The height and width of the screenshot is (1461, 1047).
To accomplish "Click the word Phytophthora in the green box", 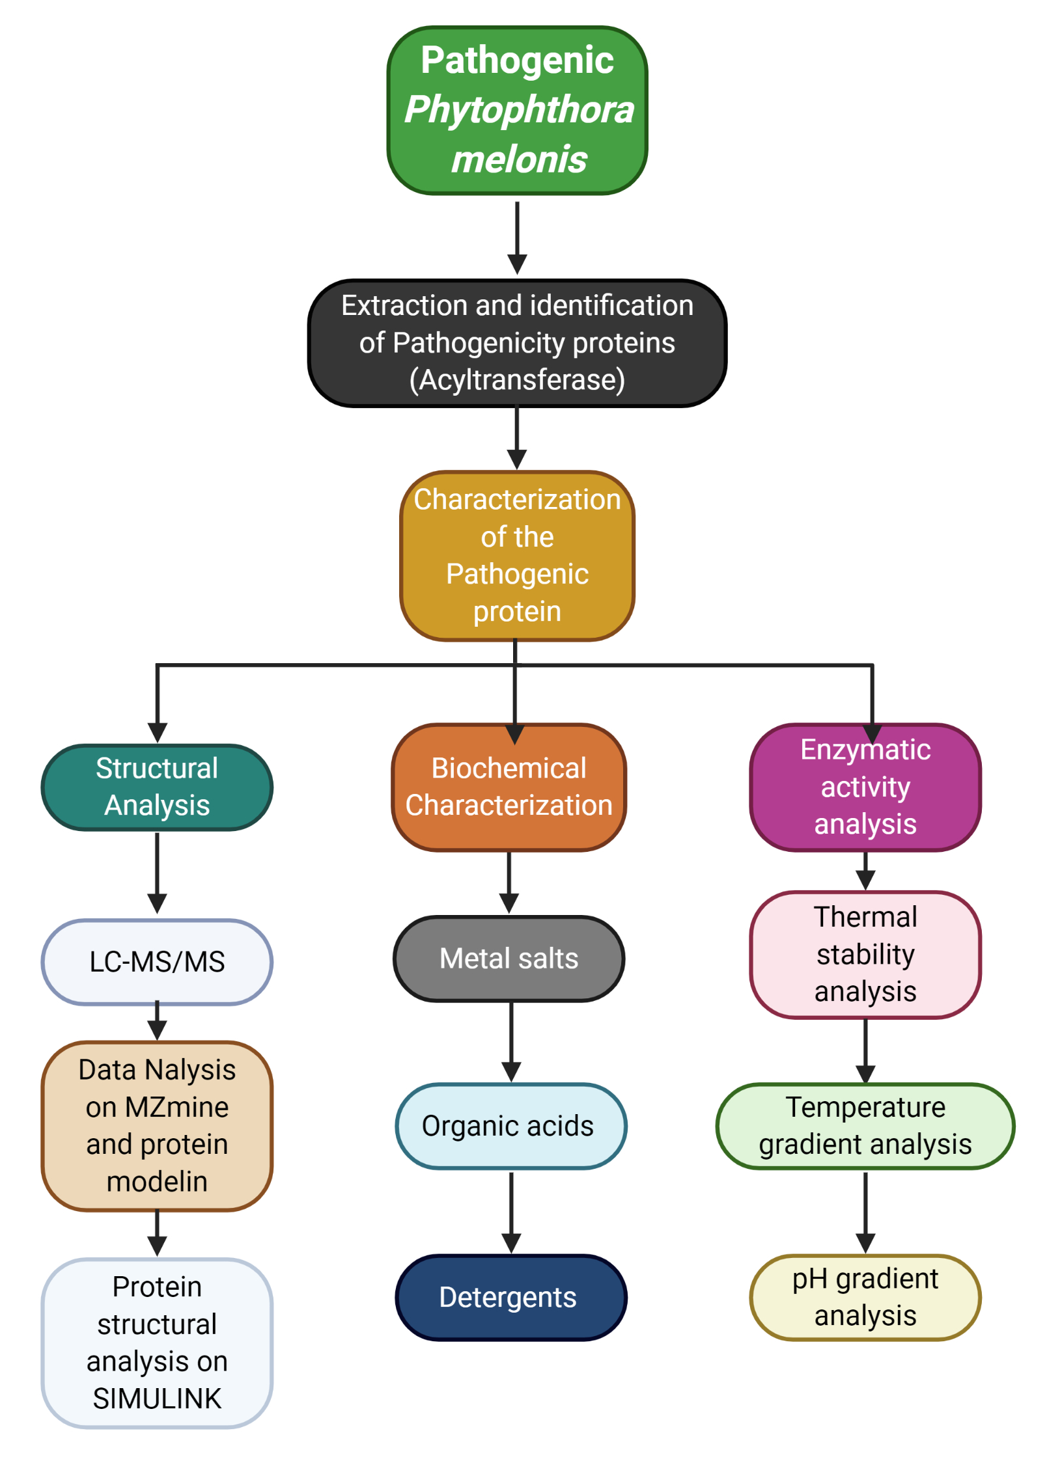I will pyautogui.click(x=518, y=109).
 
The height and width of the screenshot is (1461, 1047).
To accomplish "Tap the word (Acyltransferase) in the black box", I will pyautogui.click(x=517, y=379).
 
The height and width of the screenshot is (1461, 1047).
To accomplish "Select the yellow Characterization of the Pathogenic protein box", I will pyautogui.click(x=517, y=555).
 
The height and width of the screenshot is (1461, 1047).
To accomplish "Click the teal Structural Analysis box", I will pyautogui.click(x=157, y=786).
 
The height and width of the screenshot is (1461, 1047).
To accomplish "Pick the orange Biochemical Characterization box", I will pyautogui.click(x=509, y=786).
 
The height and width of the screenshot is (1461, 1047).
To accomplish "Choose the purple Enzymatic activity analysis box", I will pyautogui.click(x=865, y=786).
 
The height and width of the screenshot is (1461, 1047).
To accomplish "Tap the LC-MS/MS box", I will pyautogui.click(x=157, y=961).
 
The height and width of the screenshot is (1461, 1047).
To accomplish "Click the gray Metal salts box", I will pyautogui.click(x=509, y=958).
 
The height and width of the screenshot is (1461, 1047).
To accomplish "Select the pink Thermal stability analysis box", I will pyautogui.click(x=865, y=953).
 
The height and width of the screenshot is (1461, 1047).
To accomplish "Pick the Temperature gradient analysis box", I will pyautogui.click(x=865, y=1125).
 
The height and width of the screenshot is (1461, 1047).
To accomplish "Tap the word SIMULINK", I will pyautogui.click(x=157, y=1398).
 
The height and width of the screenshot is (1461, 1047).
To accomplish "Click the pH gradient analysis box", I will pyautogui.click(x=865, y=1296).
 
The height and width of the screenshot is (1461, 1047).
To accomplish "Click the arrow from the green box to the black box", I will pyautogui.click(x=517, y=238).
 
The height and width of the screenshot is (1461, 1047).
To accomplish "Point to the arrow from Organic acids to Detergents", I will pyautogui.click(x=511, y=1211).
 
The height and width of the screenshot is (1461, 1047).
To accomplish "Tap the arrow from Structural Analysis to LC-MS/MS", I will pyautogui.click(x=157, y=872).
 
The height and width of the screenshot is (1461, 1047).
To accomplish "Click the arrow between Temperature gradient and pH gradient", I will pyautogui.click(x=865, y=1211).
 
